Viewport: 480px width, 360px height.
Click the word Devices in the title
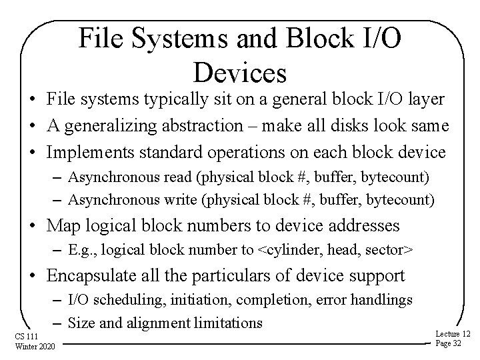coord(240,71)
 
